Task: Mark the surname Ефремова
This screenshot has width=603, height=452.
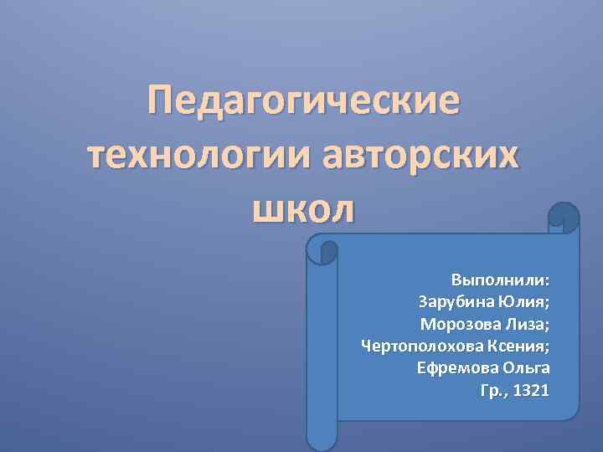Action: [457, 368]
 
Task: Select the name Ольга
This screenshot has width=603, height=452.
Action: [526, 368]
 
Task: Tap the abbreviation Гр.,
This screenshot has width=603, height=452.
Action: [494, 390]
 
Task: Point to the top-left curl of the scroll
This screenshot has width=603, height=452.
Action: [322, 249]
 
